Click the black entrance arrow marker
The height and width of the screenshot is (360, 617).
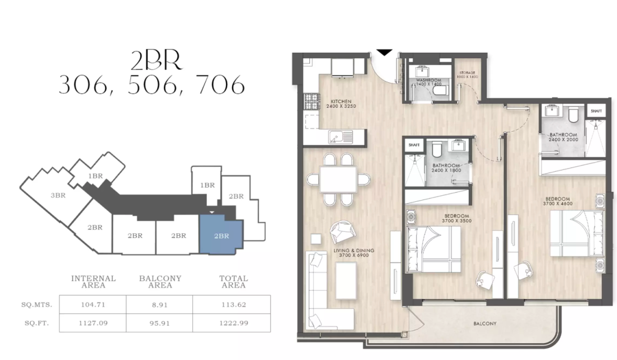point(385,52)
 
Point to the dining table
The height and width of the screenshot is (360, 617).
point(338,179)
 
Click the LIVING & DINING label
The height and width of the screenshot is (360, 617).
point(356,253)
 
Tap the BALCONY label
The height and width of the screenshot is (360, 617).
point(485,324)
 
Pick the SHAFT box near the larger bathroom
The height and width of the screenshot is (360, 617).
point(596,111)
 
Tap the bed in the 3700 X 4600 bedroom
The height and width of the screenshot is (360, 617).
point(577,233)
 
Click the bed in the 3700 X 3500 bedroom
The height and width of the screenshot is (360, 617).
point(433,249)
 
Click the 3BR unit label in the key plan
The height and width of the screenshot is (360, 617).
point(58,196)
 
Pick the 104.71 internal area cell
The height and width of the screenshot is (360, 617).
point(93,305)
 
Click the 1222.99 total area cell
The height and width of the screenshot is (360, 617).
point(233,323)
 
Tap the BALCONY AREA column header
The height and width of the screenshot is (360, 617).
point(160,282)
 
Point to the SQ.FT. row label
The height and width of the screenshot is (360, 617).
point(36,323)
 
